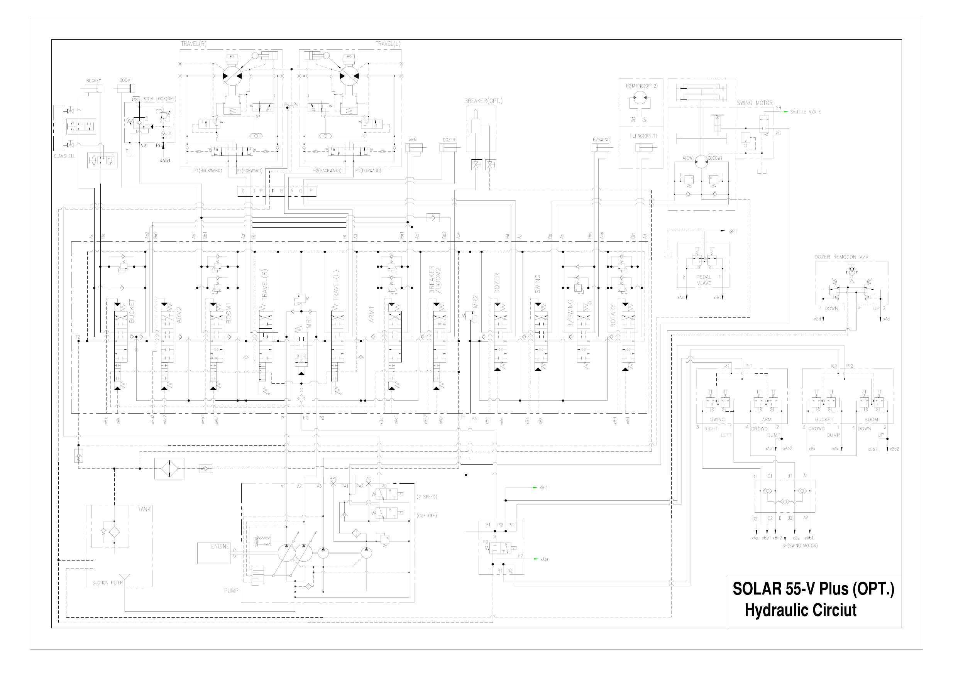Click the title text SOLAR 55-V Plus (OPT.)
pyautogui.click(x=813, y=589)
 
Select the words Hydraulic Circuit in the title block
pyautogui.click(x=800, y=610)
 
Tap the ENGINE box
pyautogui.click(x=213, y=553)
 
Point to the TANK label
pyautogui.click(x=144, y=509)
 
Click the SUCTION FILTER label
pyautogui.click(x=107, y=583)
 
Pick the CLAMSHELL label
pyautogui.click(x=64, y=156)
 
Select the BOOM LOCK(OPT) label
pyautogui.click(x=159, y=99)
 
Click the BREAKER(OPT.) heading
pyautogui.click(x=483, y=101)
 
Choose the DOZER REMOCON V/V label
pyautogui.click(x=838, y=257)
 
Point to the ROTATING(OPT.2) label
pyautogui.click(x=641, y=86)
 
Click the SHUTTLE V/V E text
pyautogui.click(x=805, y=112)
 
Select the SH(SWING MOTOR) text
pyautogui.click(x=800, y=545)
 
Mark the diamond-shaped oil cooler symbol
pyautogui.click(x=169, y=468)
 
